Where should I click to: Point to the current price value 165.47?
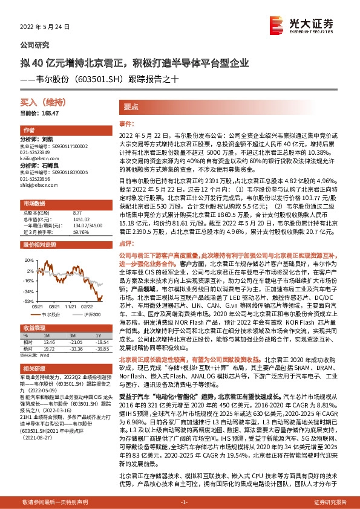click(x=51, y=114)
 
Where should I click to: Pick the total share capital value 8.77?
click(x=77, y=213)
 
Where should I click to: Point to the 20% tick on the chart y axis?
click(x=28, y=259)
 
